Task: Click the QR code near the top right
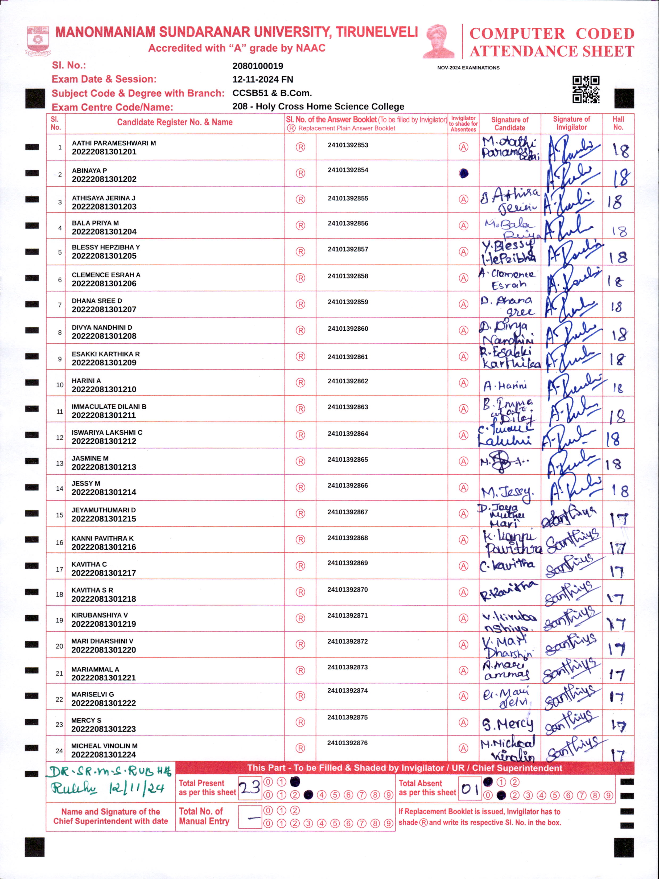(x=586, y=89)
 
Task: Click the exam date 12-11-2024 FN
(x=263, y=80)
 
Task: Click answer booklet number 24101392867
(x=348, y=512)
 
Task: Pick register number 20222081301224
(x=104, y=755)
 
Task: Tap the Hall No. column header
(x=618, y=123)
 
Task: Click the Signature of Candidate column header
(x=510, y=124)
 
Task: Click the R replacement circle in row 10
(x=300, y=383)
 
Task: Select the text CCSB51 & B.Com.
(x=272, y=93)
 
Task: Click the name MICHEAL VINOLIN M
(x=104, y=746)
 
